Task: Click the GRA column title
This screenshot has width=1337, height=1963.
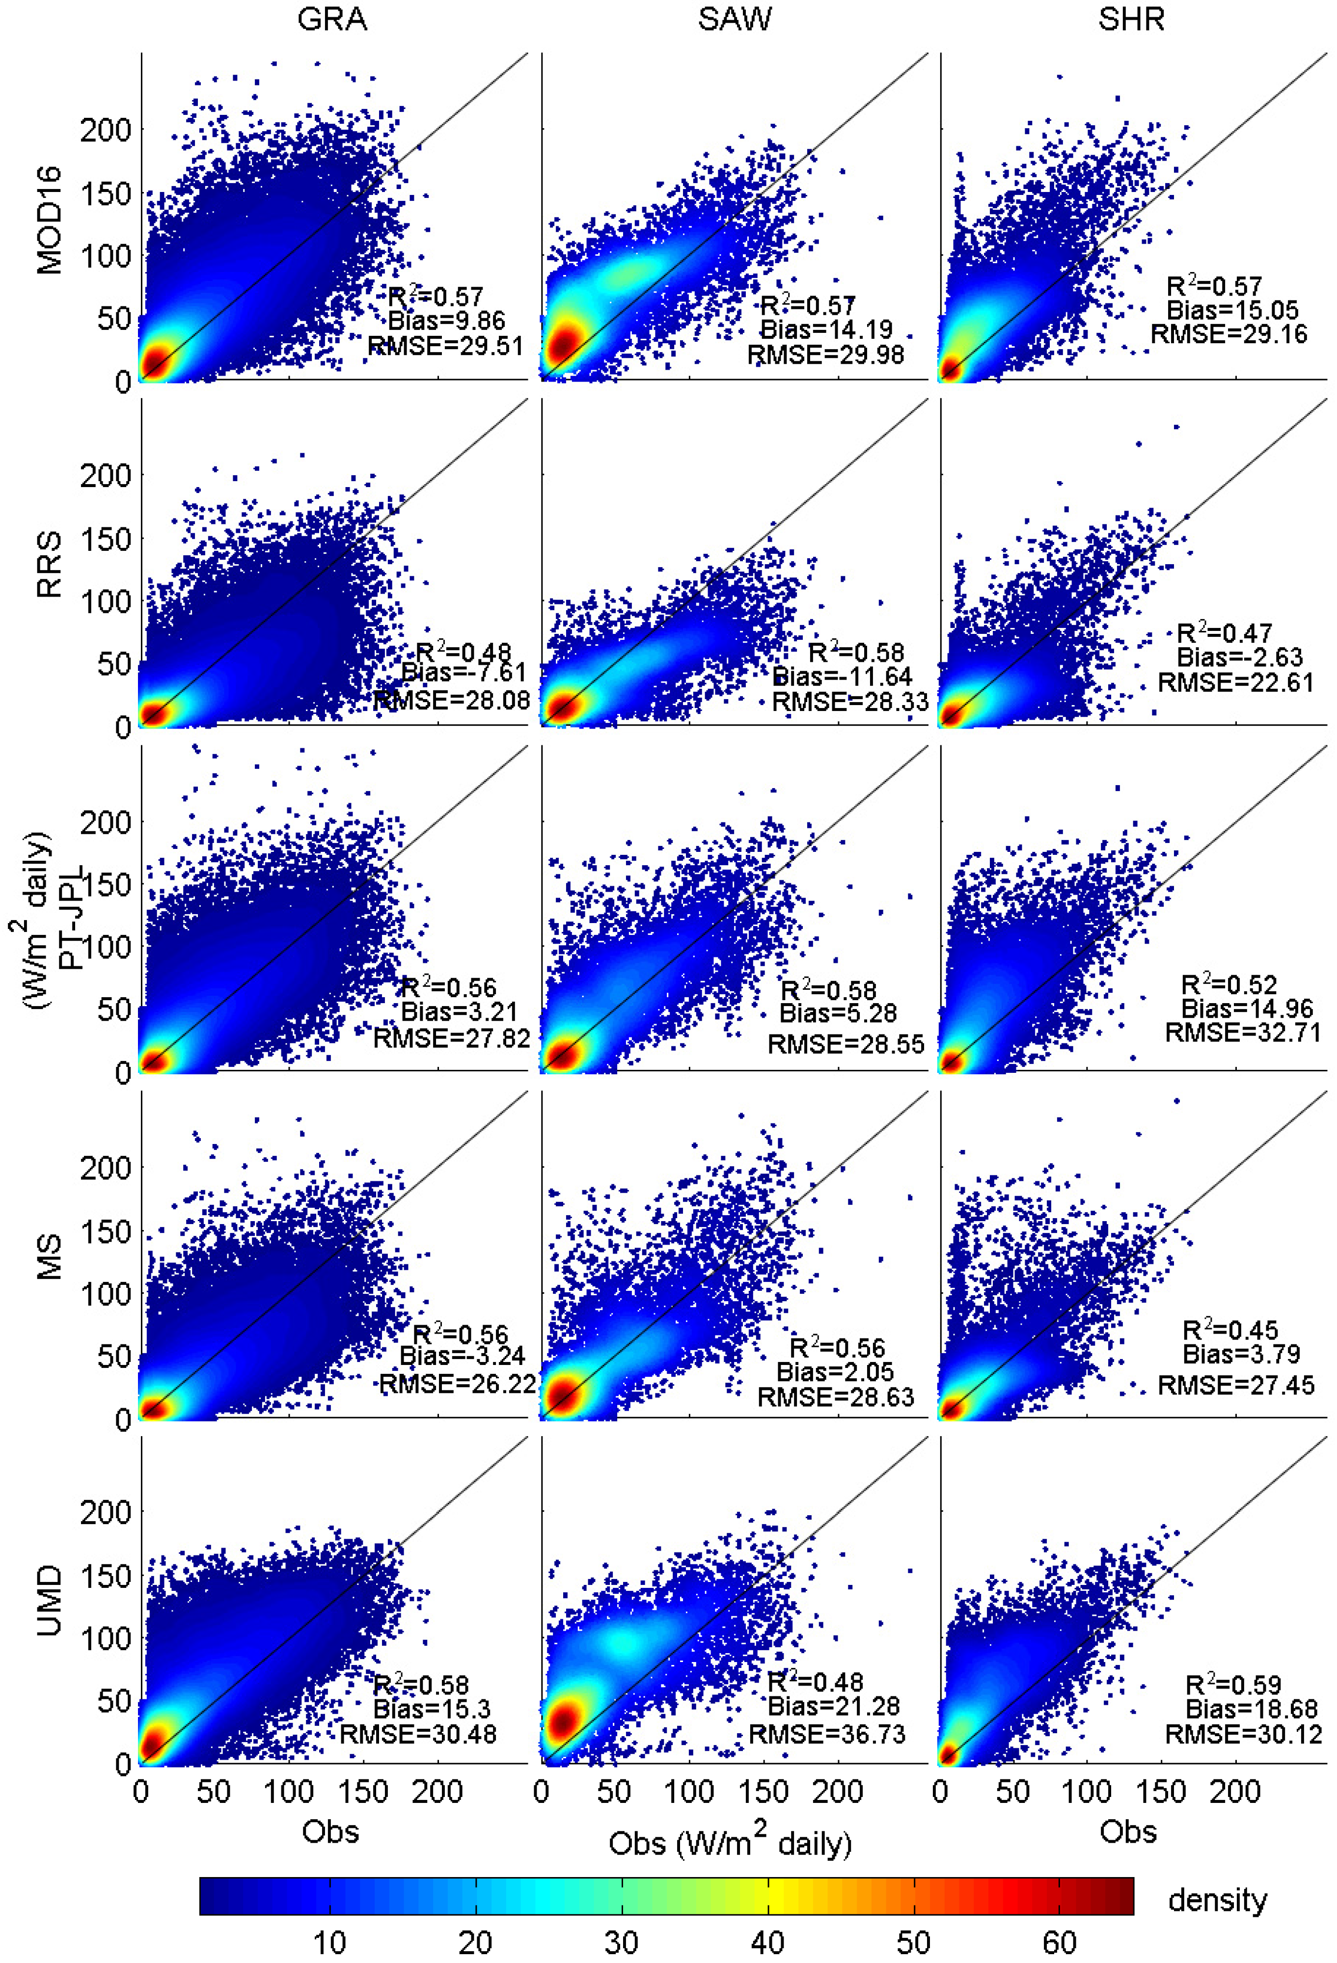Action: [332, 19]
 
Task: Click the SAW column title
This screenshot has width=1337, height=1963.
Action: [734, 19]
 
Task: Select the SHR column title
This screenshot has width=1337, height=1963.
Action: [1131, 19]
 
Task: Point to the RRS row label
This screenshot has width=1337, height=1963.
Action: [49, 564]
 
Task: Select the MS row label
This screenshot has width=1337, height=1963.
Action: [49, 1257]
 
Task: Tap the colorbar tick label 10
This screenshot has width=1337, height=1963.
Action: [329, 1942]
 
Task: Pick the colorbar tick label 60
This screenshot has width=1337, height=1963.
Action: [1059, 1942]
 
